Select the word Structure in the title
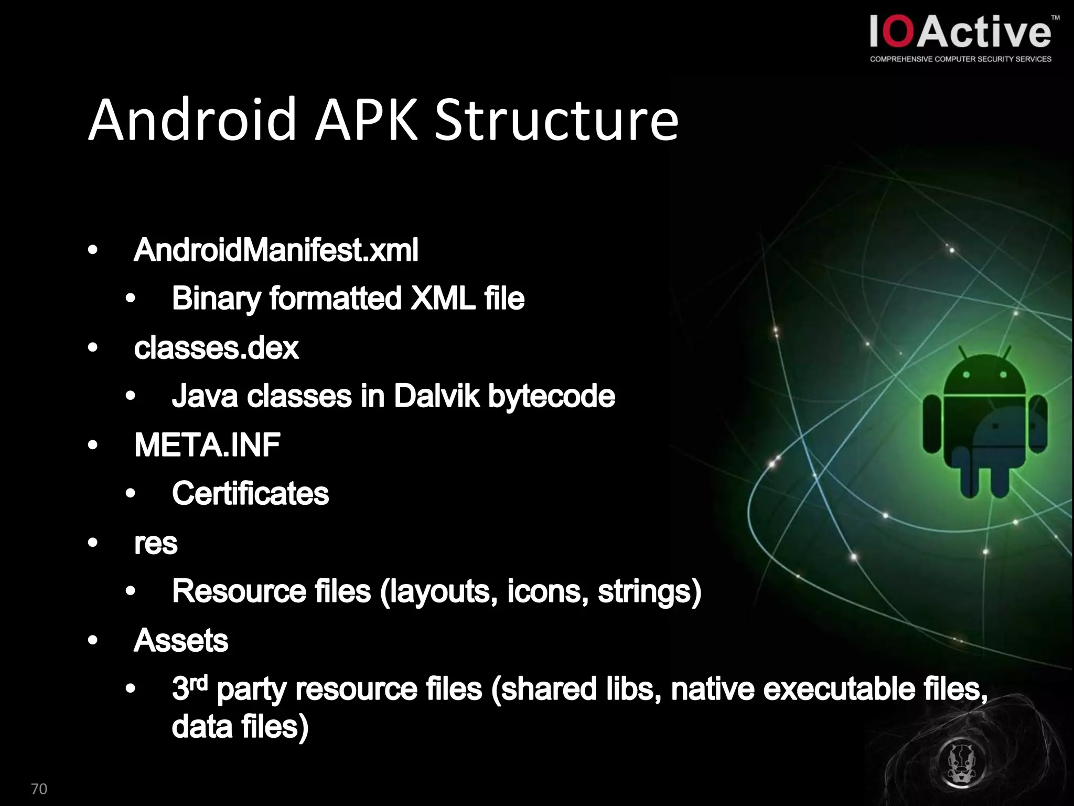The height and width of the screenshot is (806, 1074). click(556, 121)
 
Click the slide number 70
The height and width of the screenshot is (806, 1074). click(39, 789)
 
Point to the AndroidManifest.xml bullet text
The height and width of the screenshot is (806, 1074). click(276, 250)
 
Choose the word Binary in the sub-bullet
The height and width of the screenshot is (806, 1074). click(216, 299)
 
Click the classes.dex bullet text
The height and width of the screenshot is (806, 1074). click(216, 348)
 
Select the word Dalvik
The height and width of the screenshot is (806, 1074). click(436, 396)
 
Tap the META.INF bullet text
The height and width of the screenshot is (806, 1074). click(207, 445)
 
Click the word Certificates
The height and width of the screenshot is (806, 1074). click(250, 494)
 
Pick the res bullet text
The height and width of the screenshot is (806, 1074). click(156, 543)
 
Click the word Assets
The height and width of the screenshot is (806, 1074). click(181, 641)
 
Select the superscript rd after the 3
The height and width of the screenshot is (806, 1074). click(199, 683)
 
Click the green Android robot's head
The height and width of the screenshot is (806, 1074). click(985, 375)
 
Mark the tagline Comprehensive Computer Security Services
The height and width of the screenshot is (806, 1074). click(960, 59)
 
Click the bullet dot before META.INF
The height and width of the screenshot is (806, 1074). click(93, 446)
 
